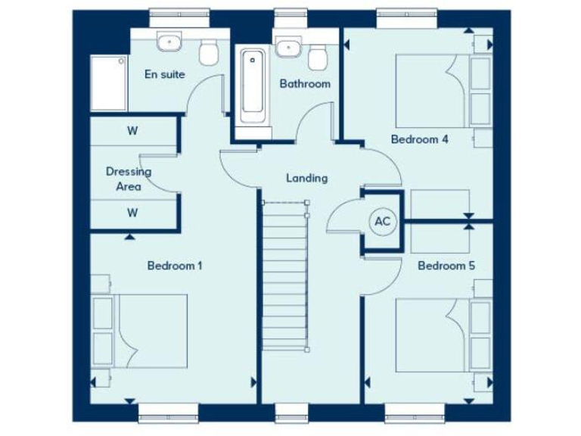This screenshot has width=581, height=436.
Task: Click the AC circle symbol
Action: [383, 222]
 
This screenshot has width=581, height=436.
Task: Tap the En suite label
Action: [165, 74]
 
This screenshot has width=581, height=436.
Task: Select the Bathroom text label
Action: [305, 84]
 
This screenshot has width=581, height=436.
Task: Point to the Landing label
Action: [306, 179]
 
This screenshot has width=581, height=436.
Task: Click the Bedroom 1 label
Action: [175, 266]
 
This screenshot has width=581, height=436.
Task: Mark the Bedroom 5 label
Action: [446, 266]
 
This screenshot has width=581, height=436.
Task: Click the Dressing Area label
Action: [128, 179]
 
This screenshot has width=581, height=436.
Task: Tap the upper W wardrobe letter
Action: [132, 130]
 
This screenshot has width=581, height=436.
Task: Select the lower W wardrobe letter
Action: [132, 213]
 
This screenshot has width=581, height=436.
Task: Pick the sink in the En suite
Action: [169, 42]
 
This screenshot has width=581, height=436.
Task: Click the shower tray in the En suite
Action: [107, 83]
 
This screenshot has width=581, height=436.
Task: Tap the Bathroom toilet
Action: [318, 57]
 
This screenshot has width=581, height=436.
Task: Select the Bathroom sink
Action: [287, 47]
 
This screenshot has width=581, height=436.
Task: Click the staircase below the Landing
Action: [286, 276]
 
